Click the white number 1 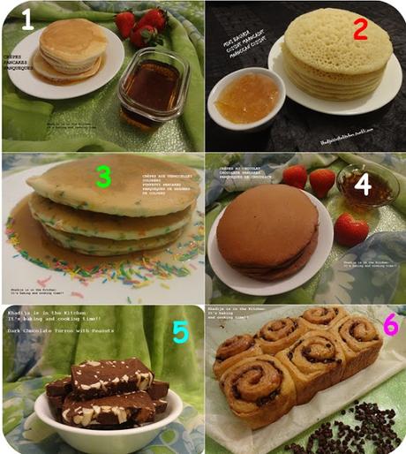click(x=27, y=19)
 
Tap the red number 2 click(x=360, y=29)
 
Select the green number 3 click(x=104, y=177)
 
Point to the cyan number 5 click(x=180, y=331)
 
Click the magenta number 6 click(x=389, y=326)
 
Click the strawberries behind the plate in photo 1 click(x=144, y=26)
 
